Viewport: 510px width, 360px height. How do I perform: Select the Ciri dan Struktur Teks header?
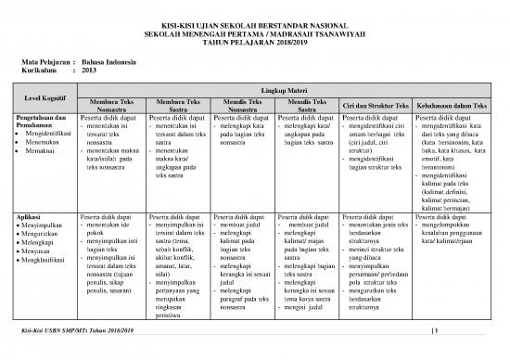pos(375,104)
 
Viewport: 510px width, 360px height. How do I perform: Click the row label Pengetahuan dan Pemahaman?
pos(39,122)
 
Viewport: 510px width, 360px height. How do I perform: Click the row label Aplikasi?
pos(29,215)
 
